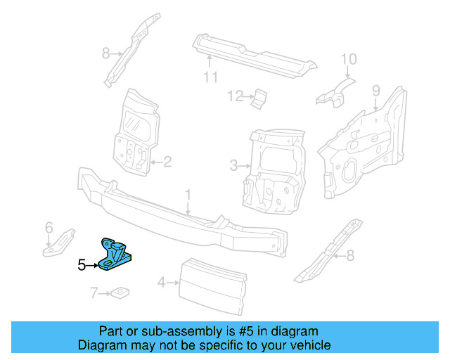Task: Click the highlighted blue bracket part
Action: (115, 255)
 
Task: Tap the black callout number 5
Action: (82, 265)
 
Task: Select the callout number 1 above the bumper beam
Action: (188, 195)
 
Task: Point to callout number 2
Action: (167, 162)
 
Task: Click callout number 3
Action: (234, 166)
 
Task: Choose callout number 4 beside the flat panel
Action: (162, 283)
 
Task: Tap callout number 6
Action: (49, 228)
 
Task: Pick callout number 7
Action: (94, 293)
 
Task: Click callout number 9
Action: (376, 91)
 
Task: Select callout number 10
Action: (349, 59)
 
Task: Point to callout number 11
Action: (211, 77)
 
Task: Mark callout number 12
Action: (236, 96)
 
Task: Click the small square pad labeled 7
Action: (120, 292)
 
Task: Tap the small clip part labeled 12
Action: (259, 99)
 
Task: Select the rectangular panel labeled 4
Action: (212, 286)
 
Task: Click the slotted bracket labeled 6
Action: (59, 242)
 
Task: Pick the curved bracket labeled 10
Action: (335, 92)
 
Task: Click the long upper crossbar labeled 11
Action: (254, 56)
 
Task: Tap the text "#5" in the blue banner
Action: (246, 331)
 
